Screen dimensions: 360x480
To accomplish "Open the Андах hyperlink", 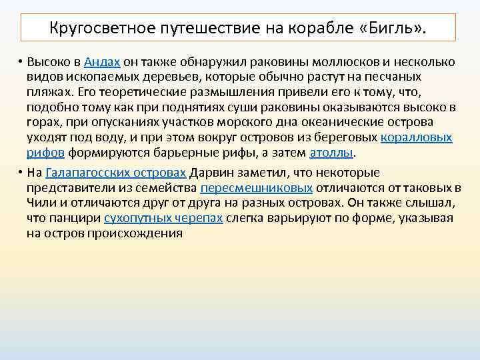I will (x=103, y=62).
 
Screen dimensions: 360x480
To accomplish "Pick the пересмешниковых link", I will (x=256, y=189).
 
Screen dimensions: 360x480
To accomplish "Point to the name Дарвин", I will (x=209, y=173).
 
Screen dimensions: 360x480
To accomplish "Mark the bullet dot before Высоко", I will (x=21, y=62).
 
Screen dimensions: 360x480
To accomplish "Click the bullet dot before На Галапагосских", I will (x=21, y=173).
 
